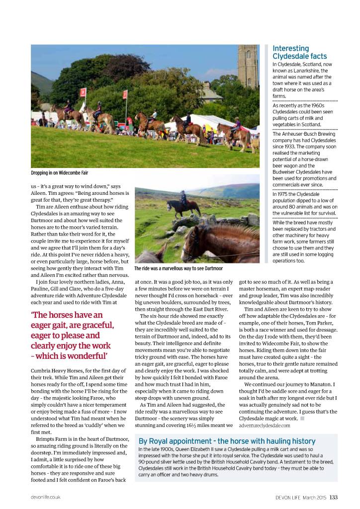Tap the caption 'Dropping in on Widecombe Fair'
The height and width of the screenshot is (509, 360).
tap(60, 173)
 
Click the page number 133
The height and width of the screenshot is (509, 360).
tap(333, 496)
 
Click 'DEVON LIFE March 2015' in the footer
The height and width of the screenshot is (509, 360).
tap(301, 496)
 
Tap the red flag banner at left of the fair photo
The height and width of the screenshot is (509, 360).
tap(83, 94)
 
